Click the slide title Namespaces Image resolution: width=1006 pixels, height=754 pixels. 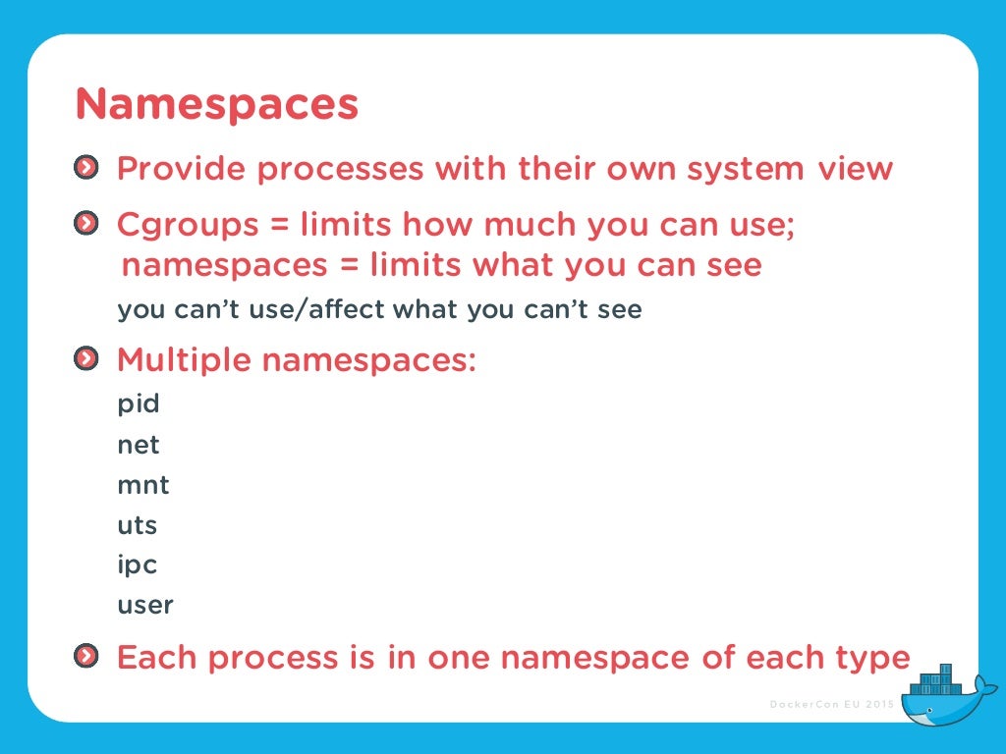tap(217, 104)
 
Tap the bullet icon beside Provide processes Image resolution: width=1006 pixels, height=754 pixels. tap(86, 168)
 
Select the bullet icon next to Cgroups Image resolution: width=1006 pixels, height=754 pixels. tap(86, 224)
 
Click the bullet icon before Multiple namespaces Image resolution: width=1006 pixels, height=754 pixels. tap(86, 359)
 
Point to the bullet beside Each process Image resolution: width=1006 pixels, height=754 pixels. tap(86, 655)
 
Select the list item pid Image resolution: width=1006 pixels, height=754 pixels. tap(139, 404)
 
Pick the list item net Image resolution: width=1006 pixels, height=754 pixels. tap(139, 445)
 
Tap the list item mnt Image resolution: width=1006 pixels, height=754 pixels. tap(143, 485)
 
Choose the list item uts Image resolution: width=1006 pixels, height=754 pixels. tap(138, 525)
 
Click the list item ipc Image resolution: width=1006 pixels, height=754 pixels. tap(138, 566)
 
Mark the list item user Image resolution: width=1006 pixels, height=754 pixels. tap(145, 606)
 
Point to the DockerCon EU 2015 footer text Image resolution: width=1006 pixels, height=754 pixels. tap(832, 704)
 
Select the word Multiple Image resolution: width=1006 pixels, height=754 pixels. tap(184, 360)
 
